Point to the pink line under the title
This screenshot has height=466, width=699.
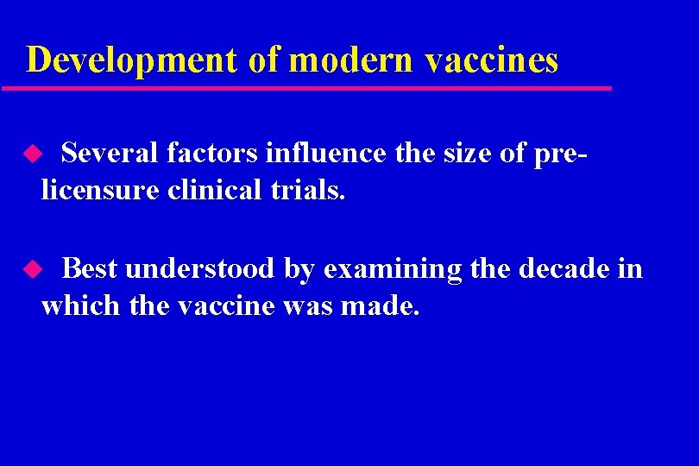(x=306, y=88)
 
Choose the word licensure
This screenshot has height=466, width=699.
(x=100, y=189)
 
